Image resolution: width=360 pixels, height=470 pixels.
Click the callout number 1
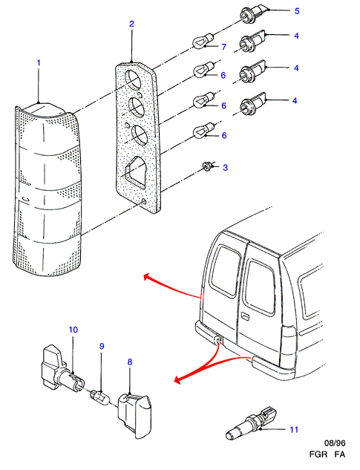(x=39, y=63)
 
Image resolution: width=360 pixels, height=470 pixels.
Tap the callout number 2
(x=132, y=24)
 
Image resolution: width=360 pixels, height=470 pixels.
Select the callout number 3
(x=226, y=168)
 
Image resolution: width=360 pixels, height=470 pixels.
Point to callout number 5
(x=297, y=11)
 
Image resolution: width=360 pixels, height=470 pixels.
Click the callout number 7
(x=224, y=47)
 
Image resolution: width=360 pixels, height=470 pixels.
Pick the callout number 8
(x=130, y=362)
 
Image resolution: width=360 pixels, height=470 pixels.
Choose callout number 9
(x=102, y=346)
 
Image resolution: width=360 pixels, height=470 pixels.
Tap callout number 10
(x=73, y=330)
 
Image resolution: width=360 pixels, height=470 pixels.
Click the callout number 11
(x=294, y=430)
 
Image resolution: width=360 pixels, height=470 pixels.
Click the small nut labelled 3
(x=206, y=166)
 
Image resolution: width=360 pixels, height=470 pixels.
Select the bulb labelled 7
(x=203, y=40)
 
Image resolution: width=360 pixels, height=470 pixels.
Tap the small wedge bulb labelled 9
(x=99, y=396)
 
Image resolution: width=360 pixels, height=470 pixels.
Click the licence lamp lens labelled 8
(x=135, y=416)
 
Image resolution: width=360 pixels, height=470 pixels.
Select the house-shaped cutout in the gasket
(x=136, y=170)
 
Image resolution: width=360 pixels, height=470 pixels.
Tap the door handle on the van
(x=245, y=316)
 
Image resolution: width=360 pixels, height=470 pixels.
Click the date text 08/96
(x=335, y=443)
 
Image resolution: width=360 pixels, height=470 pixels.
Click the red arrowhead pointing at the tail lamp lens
(x=147, y=277)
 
